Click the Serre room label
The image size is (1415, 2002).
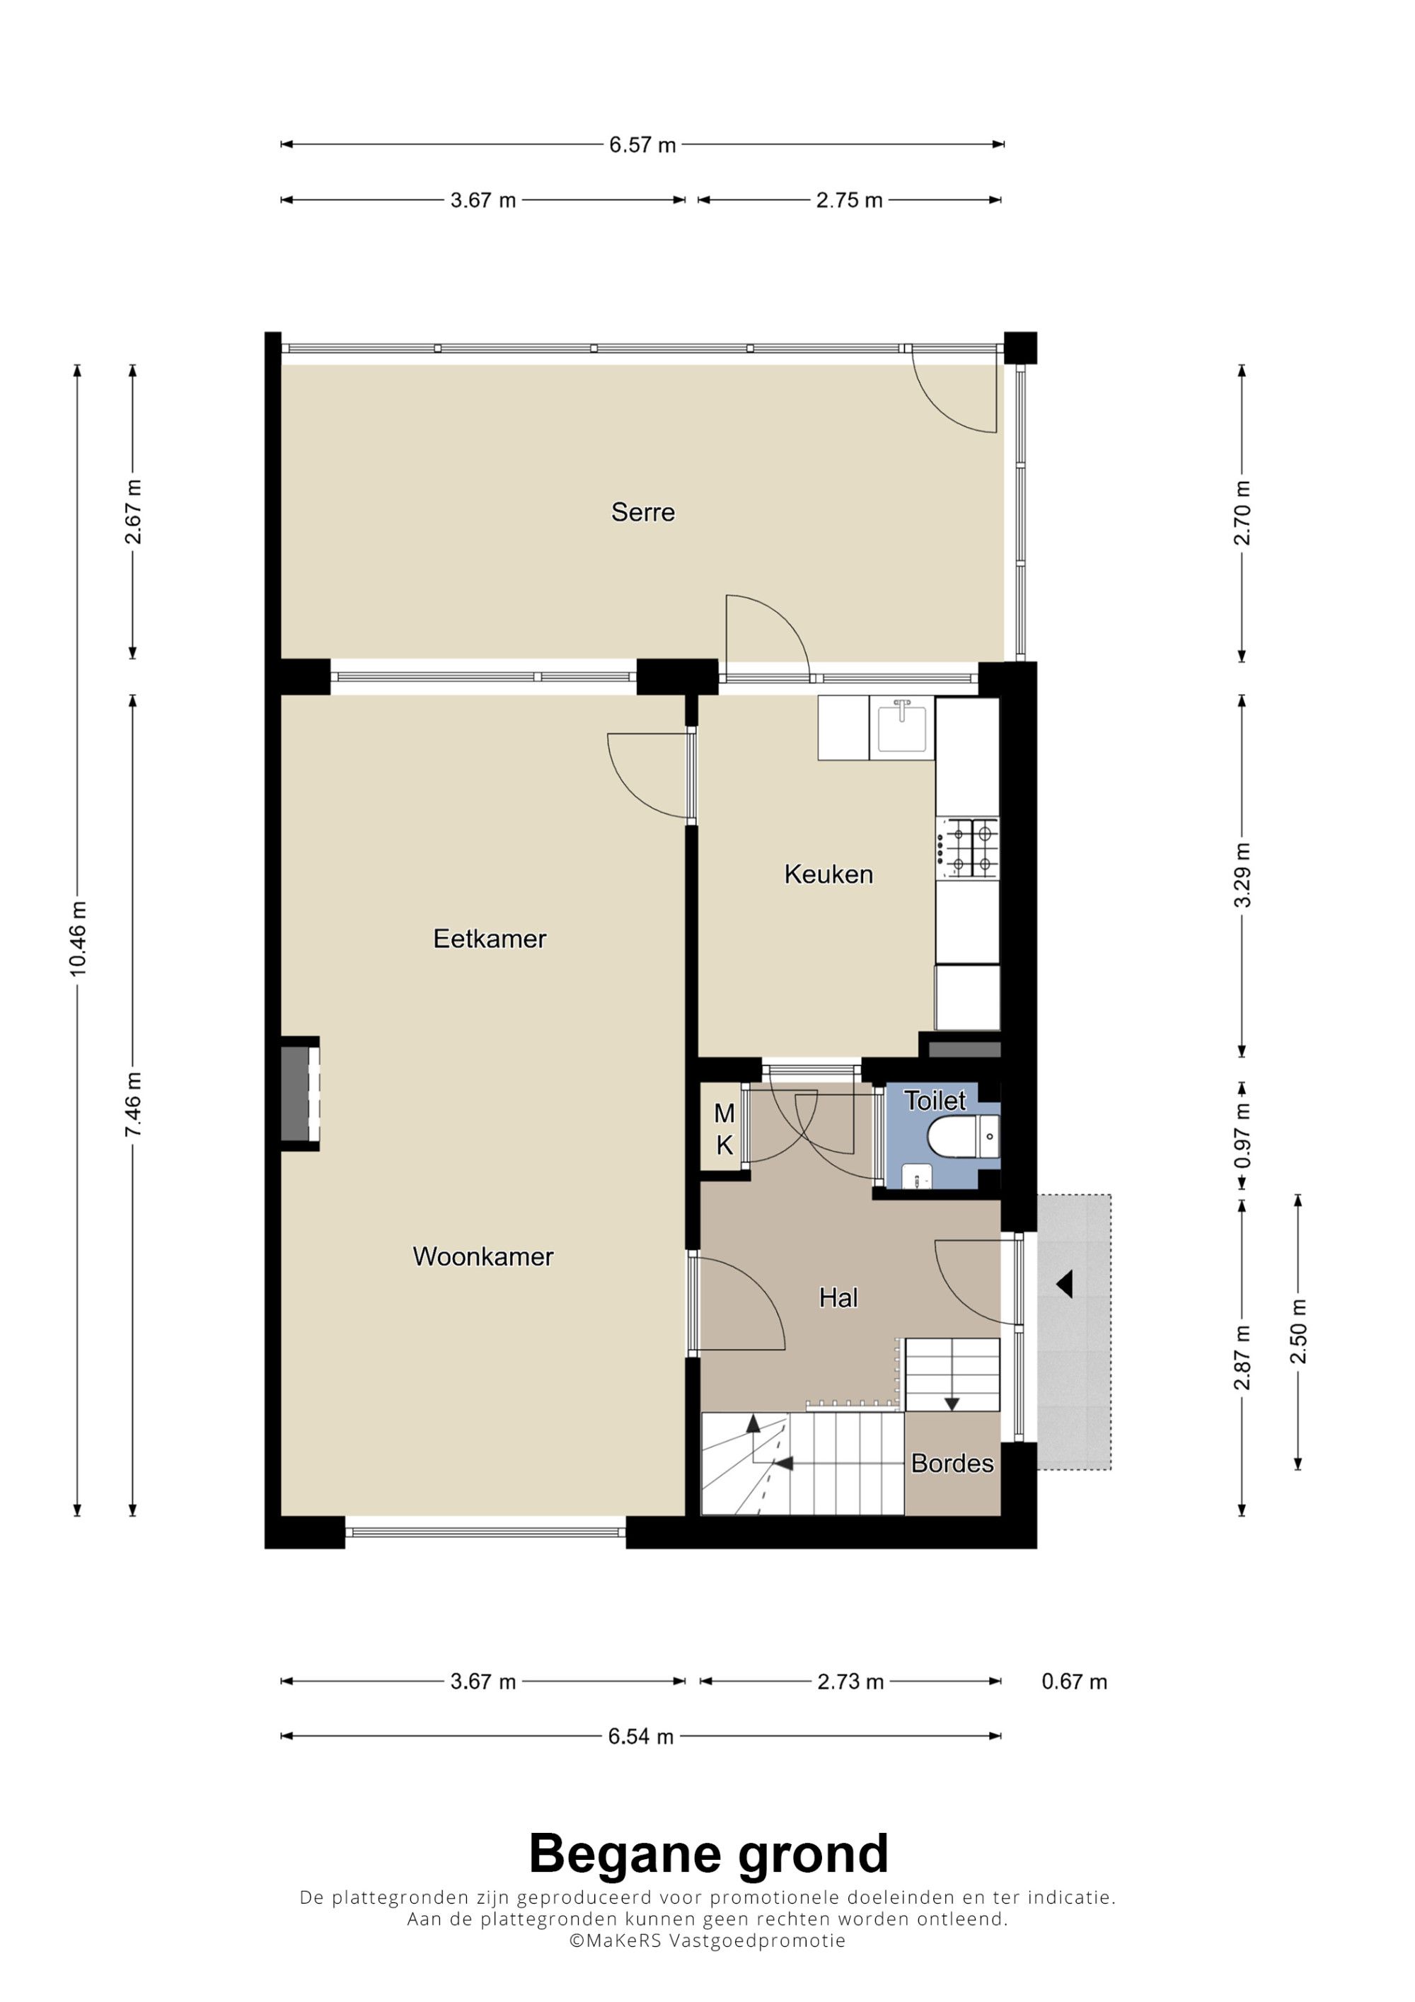click(x=642, y=512)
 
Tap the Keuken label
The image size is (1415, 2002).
click(x=828, y=874)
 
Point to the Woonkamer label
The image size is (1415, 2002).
click(x=483, y=1256)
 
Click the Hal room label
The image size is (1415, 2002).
click(x=838, y=1298)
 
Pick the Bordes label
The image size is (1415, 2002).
click(x=952, y=1463)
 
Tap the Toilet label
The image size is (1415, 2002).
click(x=935, y=1101)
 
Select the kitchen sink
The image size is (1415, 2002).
click(x=901, y=728)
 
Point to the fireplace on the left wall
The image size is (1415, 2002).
click(x=300, y=1094)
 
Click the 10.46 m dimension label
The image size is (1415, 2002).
click(x=78, y=938)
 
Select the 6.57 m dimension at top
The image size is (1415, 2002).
click(x=642, y=145)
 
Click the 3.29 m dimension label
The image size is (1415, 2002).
click(x=1242, y=874)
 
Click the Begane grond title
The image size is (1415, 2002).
click(x=708, y=1855)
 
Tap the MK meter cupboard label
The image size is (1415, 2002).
click(x=724, y=1129)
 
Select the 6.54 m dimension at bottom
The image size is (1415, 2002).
click(x=641, y=1736)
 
